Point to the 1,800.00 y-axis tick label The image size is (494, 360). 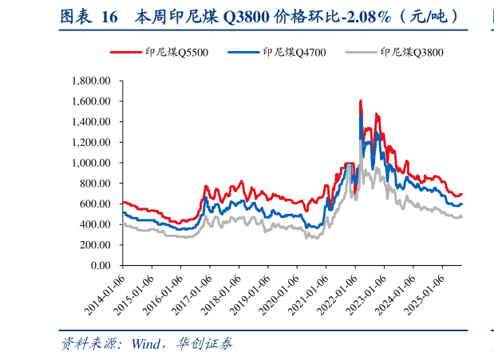[95, 81]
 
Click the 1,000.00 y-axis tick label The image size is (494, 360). [95, 163]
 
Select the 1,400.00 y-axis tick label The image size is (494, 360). [95, 121]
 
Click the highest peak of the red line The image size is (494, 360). [361, 101]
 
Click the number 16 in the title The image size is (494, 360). [109, 15]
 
